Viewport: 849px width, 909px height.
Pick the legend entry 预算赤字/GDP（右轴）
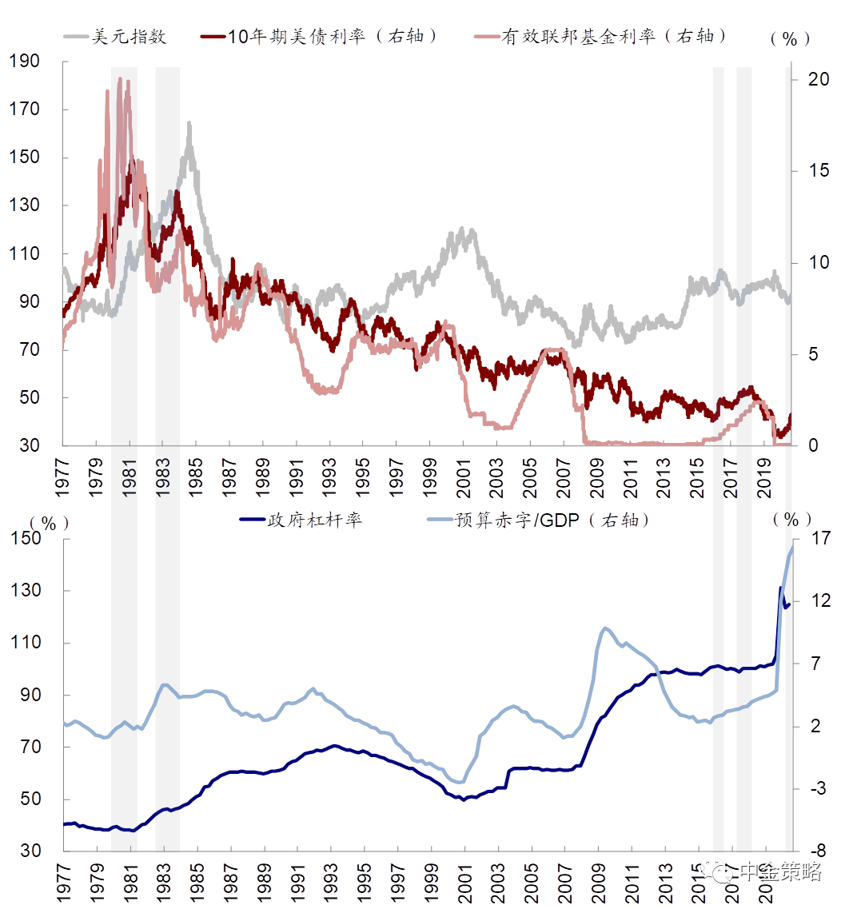552,520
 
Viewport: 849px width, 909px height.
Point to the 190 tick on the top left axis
26,62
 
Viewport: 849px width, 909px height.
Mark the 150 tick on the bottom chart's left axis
26,539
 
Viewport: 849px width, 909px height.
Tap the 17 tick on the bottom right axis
812,539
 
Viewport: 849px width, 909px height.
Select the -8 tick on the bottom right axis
812,851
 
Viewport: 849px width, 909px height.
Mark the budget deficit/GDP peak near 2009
605,628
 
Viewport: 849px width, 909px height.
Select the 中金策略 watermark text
779,871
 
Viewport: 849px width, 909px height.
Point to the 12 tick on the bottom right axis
812,601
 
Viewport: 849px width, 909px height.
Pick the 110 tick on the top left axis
26,254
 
